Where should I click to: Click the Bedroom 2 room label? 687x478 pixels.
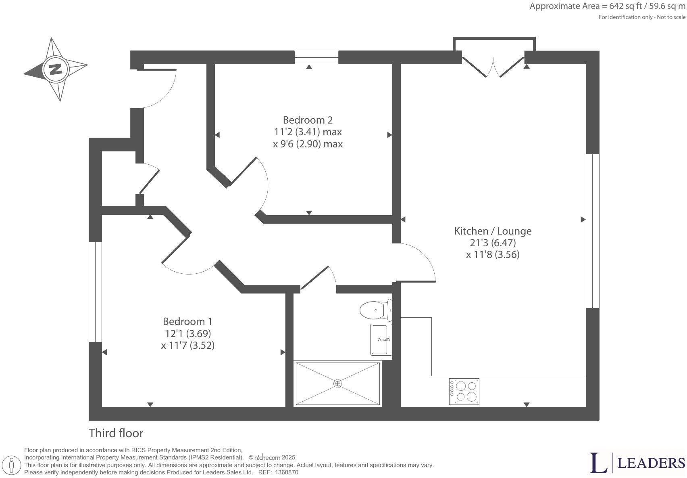308,120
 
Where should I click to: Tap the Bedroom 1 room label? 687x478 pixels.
187,321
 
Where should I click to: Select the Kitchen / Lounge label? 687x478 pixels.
493,231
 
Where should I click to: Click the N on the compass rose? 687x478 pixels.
56,69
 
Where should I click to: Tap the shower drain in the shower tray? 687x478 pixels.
337,384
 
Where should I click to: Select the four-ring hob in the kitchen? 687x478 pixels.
464,391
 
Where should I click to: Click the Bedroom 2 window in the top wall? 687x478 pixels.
316,57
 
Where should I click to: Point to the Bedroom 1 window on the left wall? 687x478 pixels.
95,292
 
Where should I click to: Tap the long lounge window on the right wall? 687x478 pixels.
592,231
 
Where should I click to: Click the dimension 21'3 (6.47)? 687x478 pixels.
493,243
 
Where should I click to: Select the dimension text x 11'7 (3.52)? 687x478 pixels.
187,345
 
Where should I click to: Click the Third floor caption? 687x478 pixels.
116,433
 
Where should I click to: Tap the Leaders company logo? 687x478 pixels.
637,463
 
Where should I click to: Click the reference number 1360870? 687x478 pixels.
287,472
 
